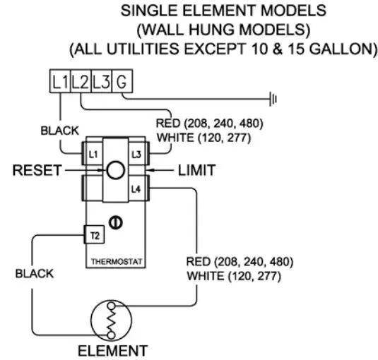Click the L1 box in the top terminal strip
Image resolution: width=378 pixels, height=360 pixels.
point(60,81)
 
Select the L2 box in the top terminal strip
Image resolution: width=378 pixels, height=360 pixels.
point(81,81)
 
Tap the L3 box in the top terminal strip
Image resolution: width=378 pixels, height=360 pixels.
point(101,81)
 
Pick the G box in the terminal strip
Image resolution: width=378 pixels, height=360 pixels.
point(122,81)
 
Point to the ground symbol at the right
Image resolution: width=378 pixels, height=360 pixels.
point(273,100)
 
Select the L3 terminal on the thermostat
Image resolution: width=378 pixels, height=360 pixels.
point(136,153)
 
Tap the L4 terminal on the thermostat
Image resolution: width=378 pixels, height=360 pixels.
point(136,188)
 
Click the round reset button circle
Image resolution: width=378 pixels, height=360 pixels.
point(114,170)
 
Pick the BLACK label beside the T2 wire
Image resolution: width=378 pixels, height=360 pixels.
point(34,275)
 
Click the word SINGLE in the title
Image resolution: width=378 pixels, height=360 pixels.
point(146,12)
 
